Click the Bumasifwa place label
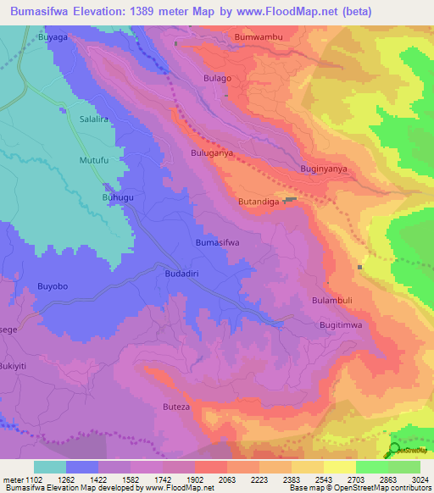218,242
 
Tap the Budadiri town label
181,275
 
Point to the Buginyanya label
324,169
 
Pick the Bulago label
217,78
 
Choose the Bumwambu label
258,37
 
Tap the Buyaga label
52,38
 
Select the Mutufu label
95,159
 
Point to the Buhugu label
118,197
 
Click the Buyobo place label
53,286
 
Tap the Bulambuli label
331,300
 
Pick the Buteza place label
176,407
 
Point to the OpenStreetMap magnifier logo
394,450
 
